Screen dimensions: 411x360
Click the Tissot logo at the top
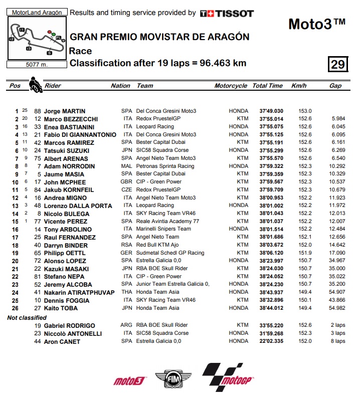pyautogui.click(x=227, y=14)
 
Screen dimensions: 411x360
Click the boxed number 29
pyautogui.click(x=337, y=64)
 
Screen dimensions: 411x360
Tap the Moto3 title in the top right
pyautogui.click(x=317, y=24)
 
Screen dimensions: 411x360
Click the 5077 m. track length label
pyautogui.click(x=37, y=64)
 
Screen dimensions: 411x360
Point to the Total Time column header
pyautogui.click(x=267, y=86)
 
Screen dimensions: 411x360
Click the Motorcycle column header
pyautogui.click(x=231, y=86)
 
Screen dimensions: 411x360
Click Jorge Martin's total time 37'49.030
pyautogui.click(x=271, y=111)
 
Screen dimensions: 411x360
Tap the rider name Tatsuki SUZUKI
pyautogui.click(x=66, y=150)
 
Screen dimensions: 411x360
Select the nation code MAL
pyautogui.click(x=126, y=166)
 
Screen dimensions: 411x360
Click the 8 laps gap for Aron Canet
pyautogui.click(x=339, y=341)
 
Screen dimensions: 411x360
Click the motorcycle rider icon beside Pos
pyautogui.click(x=35, y=85)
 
